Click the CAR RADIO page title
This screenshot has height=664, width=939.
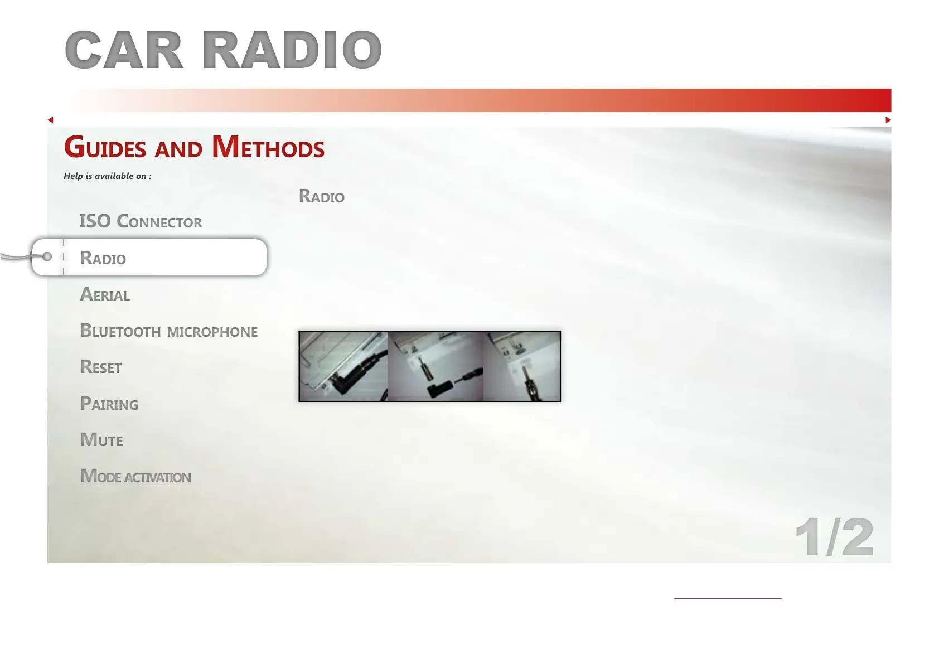point(223,50)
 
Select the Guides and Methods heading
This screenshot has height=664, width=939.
point(194,147)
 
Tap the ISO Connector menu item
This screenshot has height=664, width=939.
point(141,221)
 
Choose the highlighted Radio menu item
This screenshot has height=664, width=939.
point(103,258)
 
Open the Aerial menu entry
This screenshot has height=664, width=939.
point(105,294)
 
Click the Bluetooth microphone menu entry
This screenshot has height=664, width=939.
point(169,331)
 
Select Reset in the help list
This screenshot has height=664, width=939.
point(101,367)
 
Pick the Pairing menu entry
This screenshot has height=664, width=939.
point(109,403)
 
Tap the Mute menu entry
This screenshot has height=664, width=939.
point(101,440)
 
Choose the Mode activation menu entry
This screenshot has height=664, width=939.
point(135,476)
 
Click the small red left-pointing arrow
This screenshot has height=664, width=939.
point(51,120)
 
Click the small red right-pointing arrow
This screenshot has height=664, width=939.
point(888,120)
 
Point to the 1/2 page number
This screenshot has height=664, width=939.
point(834,537)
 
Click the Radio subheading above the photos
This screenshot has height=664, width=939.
point(322,196)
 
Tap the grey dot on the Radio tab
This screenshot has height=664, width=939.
point(47,256)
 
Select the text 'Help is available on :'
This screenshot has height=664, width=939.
point(108,176)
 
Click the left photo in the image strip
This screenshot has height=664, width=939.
point(343,366)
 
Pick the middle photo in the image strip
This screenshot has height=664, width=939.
point(435,366)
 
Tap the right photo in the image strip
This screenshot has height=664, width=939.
point(521,366)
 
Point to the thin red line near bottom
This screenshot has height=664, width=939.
point(728,598)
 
